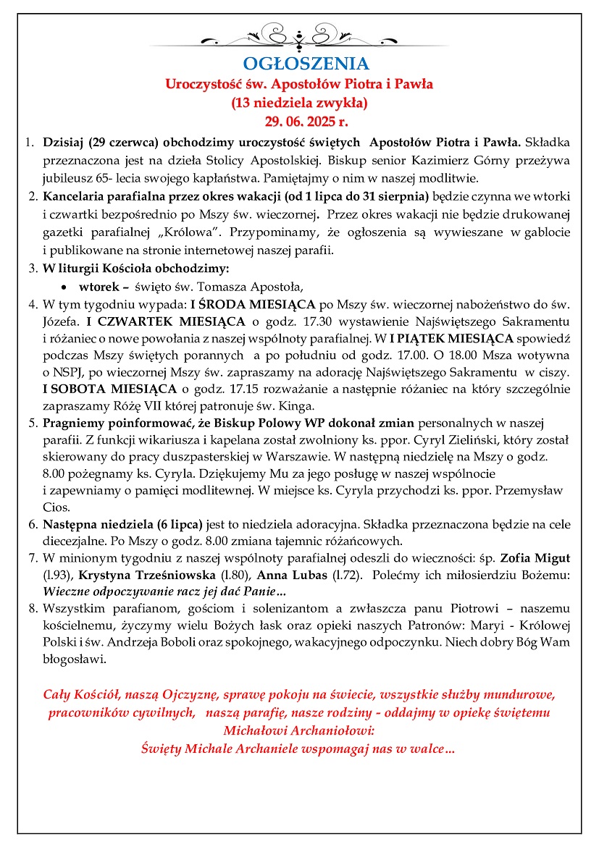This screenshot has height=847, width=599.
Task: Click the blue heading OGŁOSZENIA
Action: tap(299, 63)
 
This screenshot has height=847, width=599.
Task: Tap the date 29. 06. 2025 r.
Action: tap(299, 120)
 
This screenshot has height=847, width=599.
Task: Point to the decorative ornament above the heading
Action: tap(299, 35)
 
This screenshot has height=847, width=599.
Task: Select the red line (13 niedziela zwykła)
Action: tap(299, 102)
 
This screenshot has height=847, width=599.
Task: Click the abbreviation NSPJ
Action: tap(67, 375)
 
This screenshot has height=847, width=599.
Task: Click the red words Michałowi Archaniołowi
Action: tap(299, 731)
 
